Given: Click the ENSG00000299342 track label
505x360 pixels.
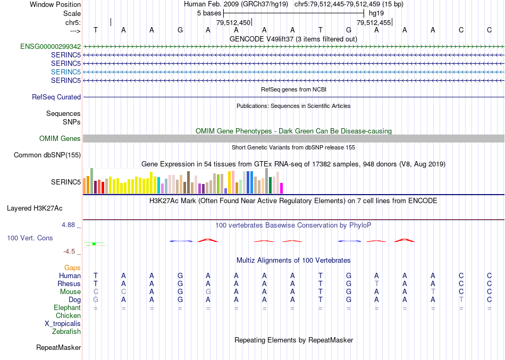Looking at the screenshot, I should (x=50, y=46).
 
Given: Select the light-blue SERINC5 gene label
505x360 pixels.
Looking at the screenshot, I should (x=66, y=72).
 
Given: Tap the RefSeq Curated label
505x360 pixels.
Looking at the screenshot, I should (x=56, y=97).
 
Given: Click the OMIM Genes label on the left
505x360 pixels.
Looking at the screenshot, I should (x=60, y=139).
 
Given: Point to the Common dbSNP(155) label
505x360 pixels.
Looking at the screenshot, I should (x=47, y=155).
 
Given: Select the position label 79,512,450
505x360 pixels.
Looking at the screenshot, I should (x=233, y=23).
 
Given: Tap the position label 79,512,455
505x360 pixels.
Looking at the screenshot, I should (x=374, y=23).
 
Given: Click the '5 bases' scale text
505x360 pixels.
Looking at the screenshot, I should (x=209, y=12).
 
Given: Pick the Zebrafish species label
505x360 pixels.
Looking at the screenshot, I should (x=66, y=332).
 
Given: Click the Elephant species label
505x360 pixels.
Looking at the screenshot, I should (x=68, y=308).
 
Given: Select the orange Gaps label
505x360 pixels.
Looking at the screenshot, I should (x=72, y=268).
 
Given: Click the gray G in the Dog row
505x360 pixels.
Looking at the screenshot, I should (x=96, y=300).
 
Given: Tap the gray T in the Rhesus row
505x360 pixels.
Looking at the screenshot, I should (x=376, y=284).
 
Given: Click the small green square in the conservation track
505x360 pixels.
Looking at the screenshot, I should (x=94, y=244).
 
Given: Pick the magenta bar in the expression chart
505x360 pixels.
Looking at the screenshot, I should (x=282, y=188).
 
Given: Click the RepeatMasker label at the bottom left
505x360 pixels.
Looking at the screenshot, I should (x=58, y=348).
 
